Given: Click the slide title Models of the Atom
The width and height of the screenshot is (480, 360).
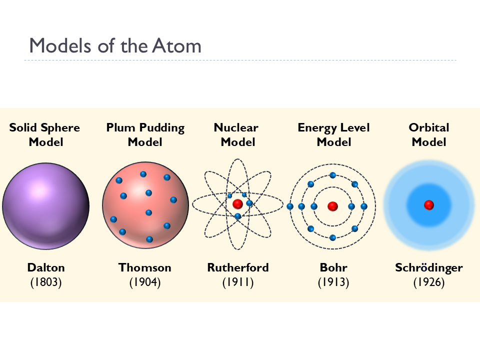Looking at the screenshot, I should [115, 46].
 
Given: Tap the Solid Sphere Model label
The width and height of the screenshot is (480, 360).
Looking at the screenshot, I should [45, 134].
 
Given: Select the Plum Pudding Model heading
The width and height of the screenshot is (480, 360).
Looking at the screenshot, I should [145, 134].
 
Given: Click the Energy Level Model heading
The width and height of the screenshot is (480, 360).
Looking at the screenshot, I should [333, 134].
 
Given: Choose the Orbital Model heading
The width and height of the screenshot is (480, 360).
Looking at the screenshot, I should [429, 134].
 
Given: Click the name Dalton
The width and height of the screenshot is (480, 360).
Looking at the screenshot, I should [46, 267].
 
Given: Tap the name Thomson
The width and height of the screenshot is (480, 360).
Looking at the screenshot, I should [145, 267].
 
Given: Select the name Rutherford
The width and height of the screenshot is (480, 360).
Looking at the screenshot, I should [238, 267].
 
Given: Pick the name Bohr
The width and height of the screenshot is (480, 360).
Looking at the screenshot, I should [333, 267].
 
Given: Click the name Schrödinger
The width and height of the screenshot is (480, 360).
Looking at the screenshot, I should [429, 267].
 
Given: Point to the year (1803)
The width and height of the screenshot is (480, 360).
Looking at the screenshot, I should [46, 282].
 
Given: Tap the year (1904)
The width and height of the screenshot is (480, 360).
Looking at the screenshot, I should [145, 282].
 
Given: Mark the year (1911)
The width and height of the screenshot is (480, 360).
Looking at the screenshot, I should [238, 282].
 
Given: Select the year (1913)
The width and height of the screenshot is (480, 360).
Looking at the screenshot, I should [333, 282].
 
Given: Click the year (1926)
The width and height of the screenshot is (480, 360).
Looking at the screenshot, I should [429, 282].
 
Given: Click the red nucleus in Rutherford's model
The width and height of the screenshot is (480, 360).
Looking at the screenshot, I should [237, 203].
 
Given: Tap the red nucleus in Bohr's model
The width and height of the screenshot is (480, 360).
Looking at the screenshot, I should [332, 206].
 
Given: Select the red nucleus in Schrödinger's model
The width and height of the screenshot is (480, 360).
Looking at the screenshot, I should [428, 205].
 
